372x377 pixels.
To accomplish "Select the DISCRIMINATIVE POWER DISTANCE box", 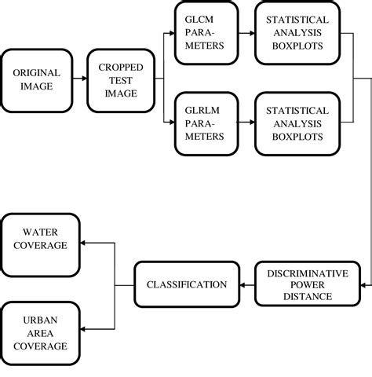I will (x=298, y=284).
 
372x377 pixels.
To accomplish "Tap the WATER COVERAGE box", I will (x=45, y=240).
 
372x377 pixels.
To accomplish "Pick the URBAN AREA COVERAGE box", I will (x=45, y=331).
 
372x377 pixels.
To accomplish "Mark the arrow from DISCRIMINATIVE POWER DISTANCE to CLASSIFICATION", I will (x=246, y=284).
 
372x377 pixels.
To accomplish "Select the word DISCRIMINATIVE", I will (x=298, y=273).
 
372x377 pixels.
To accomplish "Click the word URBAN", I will (x=44, y=318).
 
